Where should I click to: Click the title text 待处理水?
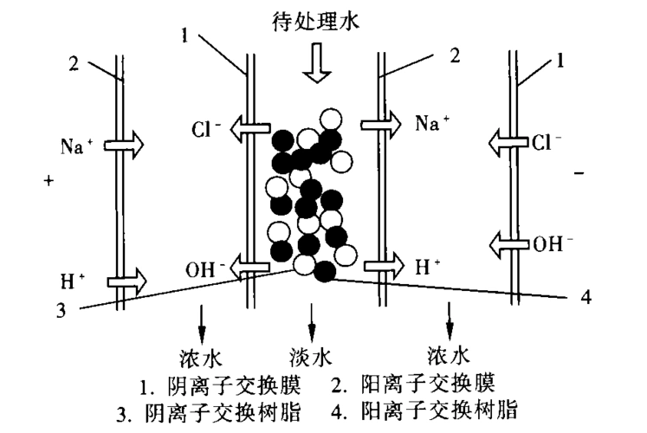[321, 20]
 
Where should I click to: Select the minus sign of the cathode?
[579, 174]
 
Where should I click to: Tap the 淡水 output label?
[311, 356]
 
